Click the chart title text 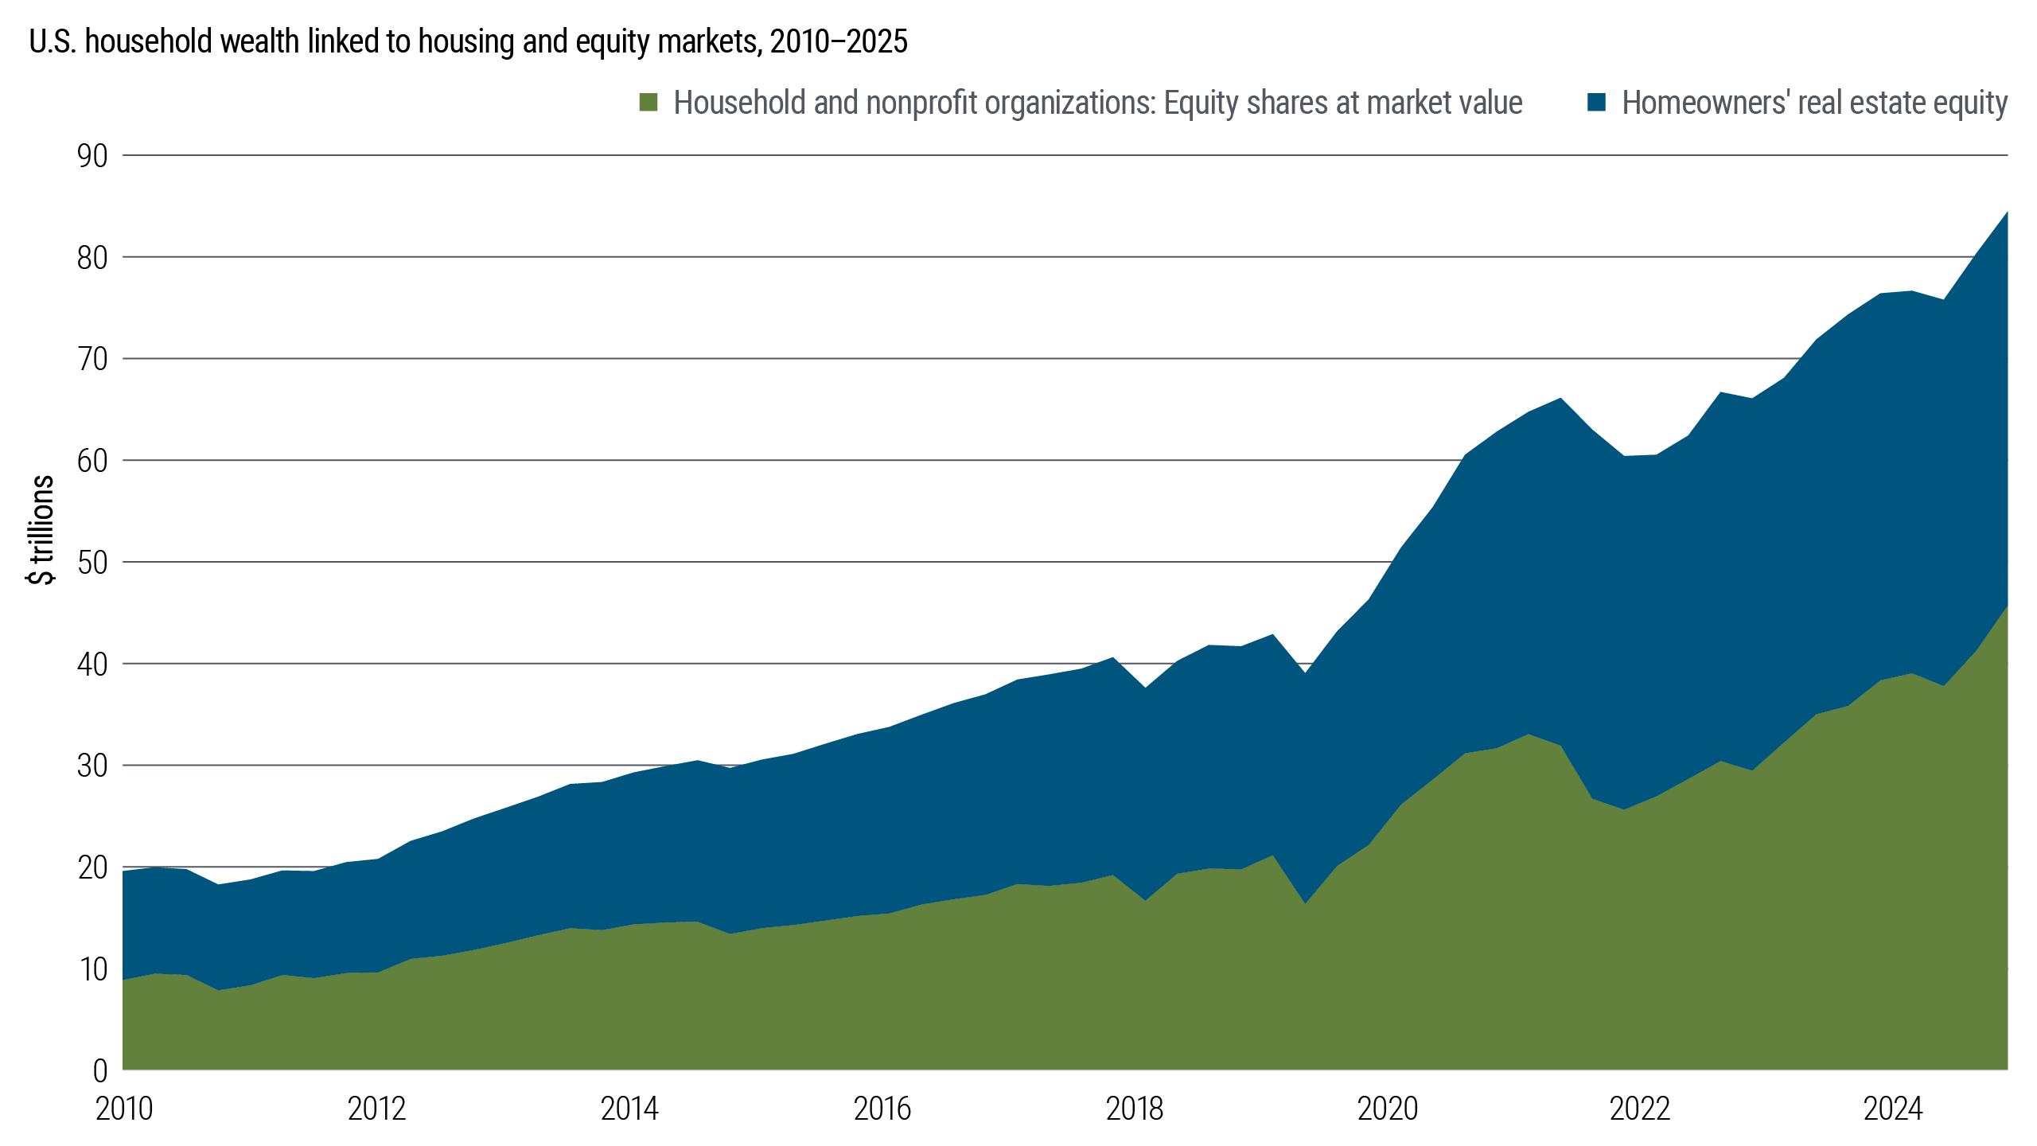(468, 41)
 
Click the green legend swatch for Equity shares (648, 103)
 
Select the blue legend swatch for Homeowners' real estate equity (1596, 103)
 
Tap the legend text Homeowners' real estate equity (1815, 103)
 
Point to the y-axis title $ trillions (41, 530)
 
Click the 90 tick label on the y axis (92, 156)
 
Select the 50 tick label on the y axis (92, 563)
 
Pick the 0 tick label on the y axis (100, 1070)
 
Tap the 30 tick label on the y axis (92, 766)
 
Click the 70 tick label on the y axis (92, 359)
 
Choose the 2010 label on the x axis (124, 1109)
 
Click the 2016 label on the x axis (882, 1109)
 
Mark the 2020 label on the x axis (1387, 1109)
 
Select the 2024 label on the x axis (1892, 1109)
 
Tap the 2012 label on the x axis (376, 1109)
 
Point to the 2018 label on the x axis (1134, 1109)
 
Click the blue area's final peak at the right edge (2006, 213)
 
